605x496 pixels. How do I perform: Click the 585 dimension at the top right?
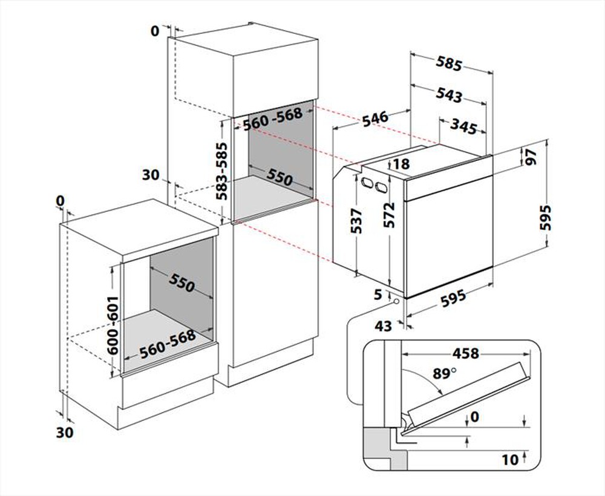[x=449, y=64]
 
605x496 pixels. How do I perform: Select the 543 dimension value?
[x=449, y=96]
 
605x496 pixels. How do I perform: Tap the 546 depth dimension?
[x=376, y=118]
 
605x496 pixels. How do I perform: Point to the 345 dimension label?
[x=463, y=127]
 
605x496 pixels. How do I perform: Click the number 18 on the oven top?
[x=401, y=164]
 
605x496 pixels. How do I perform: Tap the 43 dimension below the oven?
[x=384, y=326]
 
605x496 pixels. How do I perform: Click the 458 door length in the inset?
[x=463, y=353]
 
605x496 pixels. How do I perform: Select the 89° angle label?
[x=445, y=374]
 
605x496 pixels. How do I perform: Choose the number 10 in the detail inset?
[x=510, y=460]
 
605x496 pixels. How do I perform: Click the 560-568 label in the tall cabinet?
[x=272, y=120]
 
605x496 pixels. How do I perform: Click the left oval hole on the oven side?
[x=367, y=183]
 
